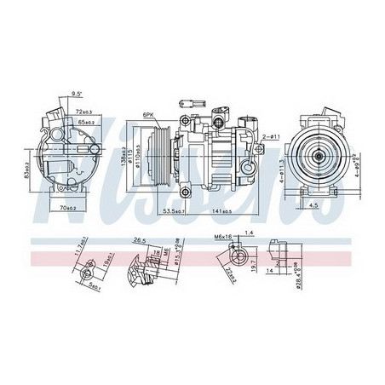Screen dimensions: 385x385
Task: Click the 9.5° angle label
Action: [x=76, y=95]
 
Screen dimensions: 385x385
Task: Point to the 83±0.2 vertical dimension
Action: [x=27, y=157]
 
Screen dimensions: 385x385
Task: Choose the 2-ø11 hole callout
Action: [x=270, y=137]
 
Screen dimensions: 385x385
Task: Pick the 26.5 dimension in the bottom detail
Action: [x=141, y=240]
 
